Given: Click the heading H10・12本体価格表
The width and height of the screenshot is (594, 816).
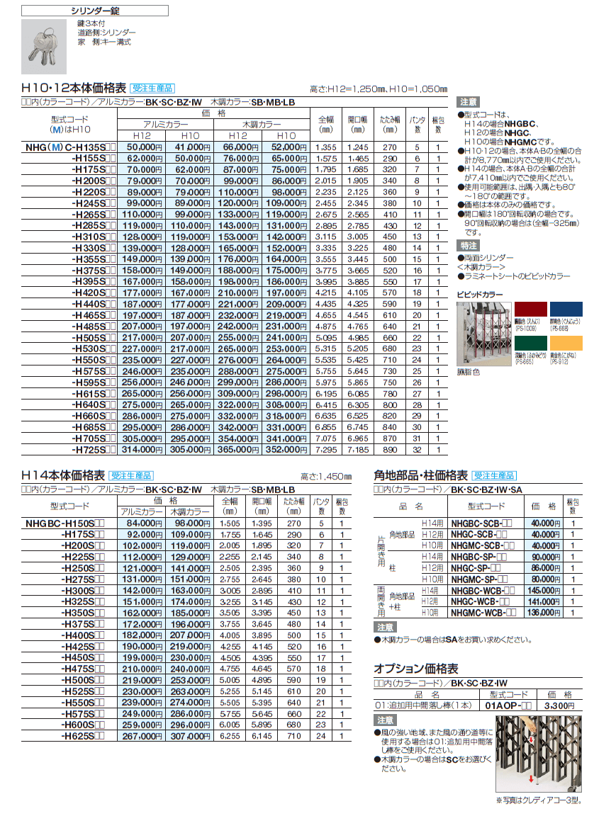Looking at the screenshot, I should [74, 89].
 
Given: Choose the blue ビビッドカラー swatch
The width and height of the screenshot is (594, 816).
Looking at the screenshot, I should [568, 313].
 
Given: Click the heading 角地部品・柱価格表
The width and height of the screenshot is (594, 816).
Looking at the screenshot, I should [420, 475].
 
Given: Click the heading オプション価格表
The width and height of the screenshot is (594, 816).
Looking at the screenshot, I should [415, 669].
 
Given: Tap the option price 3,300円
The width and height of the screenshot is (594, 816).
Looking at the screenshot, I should [548, 705].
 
